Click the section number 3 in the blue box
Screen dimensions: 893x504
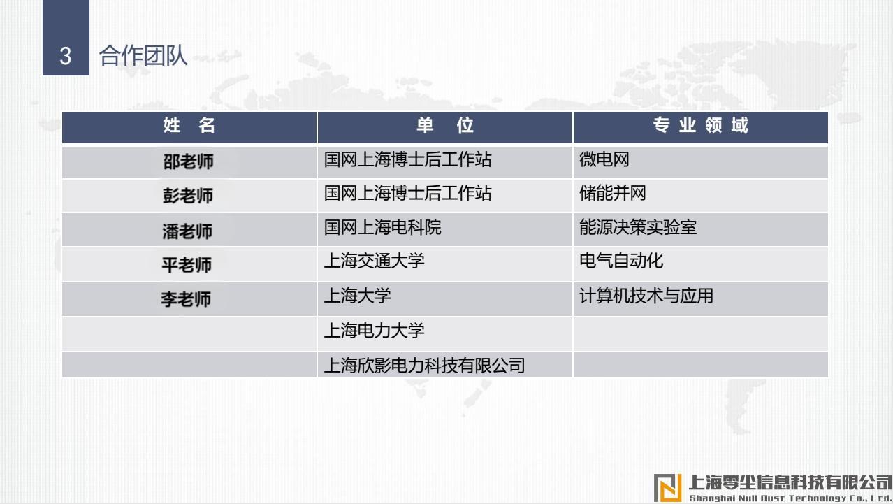pos(66,56)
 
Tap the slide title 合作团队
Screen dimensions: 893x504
pos(143,55)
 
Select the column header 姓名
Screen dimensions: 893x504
pos(189,125)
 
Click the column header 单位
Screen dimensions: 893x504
pos(445,125)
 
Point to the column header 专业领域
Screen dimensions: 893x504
pos(700,125)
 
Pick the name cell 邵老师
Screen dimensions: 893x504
pos(188,161)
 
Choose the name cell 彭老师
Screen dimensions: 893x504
pos(188,196)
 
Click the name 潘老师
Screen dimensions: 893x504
pos(187,231)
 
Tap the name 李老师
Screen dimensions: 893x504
pos(186,299)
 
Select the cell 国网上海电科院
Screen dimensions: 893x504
pos(382,227)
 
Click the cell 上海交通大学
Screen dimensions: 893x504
pos(374,261)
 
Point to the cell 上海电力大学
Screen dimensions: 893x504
pos(374,331)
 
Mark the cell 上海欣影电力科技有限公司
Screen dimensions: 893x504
pos(424,365)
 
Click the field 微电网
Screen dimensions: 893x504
pos(604,159)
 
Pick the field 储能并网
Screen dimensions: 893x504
pos(612,194)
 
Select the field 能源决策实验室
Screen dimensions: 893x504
pos(638,227)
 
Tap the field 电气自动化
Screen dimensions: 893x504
pos(621,261)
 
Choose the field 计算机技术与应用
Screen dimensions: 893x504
pos(646,296)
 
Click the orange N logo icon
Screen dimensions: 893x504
pos(668,487)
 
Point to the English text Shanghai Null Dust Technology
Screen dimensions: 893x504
pos(767,498)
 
